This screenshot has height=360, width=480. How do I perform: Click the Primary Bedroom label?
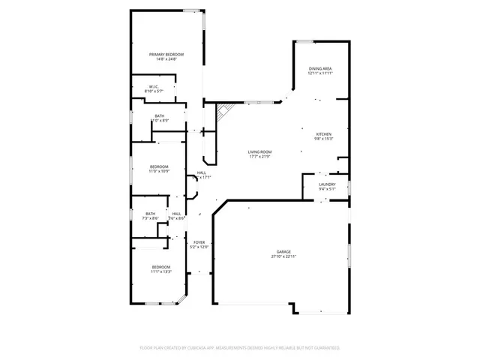coord(166,54)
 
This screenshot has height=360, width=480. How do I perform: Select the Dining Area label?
coord(320,68)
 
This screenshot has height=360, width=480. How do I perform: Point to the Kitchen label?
coord(323,133)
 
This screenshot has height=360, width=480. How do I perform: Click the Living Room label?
coord(259,151)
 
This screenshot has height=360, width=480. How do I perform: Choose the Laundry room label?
coord(326,184)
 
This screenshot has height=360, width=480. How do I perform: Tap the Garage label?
coord(283,252)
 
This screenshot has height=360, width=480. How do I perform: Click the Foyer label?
coord(199,242)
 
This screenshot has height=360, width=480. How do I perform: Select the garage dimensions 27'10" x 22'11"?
coord(283,257)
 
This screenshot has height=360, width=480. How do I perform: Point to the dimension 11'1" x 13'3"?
coord(162,272)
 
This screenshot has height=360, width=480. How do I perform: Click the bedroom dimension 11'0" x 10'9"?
coord(159,171)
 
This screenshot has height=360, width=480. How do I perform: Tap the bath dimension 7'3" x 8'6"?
coord(151,218)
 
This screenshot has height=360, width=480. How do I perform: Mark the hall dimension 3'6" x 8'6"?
coord(177,218)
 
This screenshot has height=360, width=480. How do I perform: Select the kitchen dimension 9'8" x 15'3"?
coord(323,139)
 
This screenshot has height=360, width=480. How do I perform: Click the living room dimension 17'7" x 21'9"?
coord(259,157)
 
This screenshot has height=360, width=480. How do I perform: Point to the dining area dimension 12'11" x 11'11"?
coord(320,73)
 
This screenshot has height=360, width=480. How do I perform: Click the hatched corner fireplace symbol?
coord(223,112)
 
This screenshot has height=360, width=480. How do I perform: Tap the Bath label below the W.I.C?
coord(160,115)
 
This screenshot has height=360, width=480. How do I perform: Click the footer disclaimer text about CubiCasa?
coord(240,348)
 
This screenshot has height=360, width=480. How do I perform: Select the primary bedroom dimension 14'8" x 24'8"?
coord(166,59)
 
